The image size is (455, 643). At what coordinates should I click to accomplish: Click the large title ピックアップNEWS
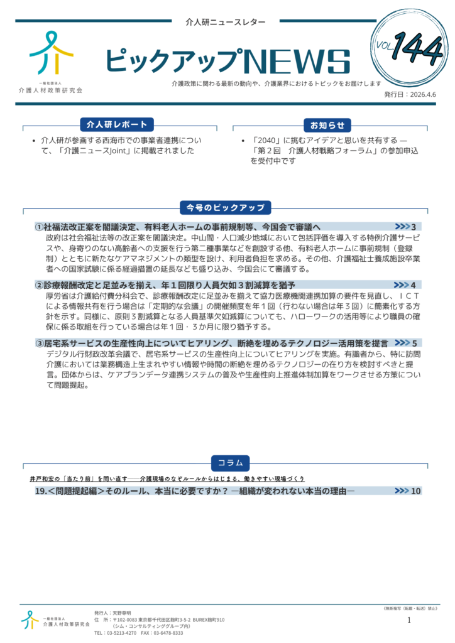tap(227, 62)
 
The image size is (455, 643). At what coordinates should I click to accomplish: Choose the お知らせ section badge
tap(327, 124)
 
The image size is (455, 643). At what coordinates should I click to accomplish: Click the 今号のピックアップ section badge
tap(225, 207)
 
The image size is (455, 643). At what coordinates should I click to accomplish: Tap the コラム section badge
tap(230, 463)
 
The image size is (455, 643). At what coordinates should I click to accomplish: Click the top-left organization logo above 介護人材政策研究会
tap(52, 53)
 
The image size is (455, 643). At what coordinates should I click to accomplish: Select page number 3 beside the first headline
tap(414, 227)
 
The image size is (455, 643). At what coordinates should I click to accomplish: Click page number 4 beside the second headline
tap(414, 285)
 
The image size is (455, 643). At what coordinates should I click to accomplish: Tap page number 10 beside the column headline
tap(415, 491)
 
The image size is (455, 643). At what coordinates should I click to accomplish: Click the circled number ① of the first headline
tap(39, 227)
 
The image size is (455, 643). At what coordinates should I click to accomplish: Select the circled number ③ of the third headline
tap(39, 343)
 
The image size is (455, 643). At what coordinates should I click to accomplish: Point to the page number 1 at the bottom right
tap(409, 620)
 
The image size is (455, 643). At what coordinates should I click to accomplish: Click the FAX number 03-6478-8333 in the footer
tap(168, 633)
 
